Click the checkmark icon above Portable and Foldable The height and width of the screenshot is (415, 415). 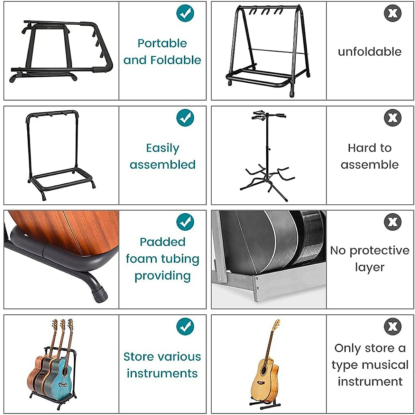click(185, 13)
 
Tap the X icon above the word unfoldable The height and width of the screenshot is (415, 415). click(393, 13)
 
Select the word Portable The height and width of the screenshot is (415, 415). click(162, 44)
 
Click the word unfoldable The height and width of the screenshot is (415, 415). click(369, 52)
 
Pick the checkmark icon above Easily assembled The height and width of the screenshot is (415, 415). click(185, 118)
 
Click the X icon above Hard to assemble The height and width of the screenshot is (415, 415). click(393, 118)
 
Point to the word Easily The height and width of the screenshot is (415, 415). click(163, 148)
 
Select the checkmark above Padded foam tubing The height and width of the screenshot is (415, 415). click(185, 222)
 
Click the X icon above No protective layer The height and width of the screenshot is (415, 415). click(393, 222)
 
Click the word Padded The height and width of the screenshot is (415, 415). click(163, 242)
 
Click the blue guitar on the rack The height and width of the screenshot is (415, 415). click(63, 373)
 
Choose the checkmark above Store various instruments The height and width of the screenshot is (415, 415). click(185, 326)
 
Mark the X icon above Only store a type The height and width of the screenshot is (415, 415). click(393, 326)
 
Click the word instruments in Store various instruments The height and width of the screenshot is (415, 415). click(162, 373)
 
